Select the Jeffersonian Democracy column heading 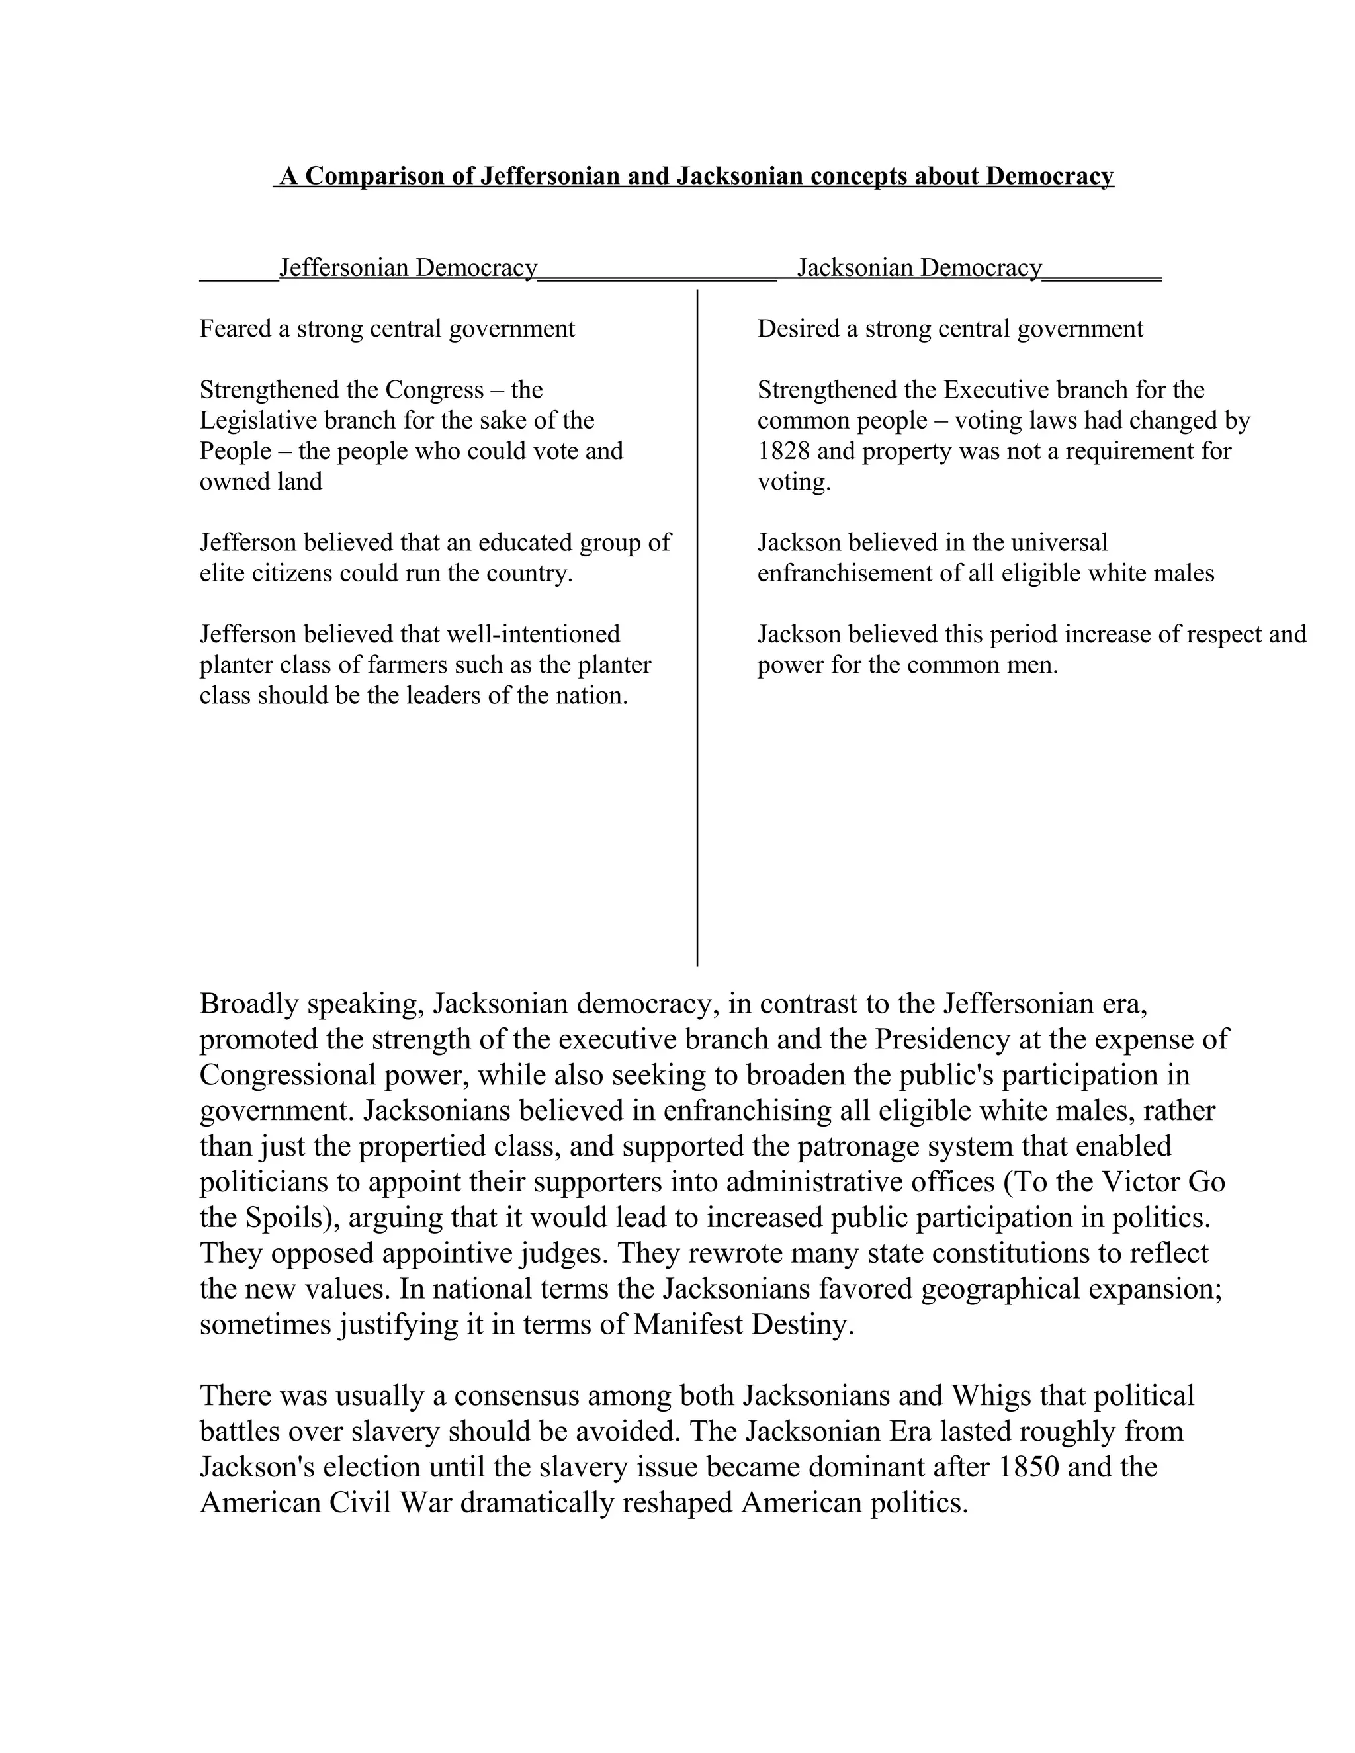408,267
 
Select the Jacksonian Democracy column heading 919,267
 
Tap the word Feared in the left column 235,328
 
